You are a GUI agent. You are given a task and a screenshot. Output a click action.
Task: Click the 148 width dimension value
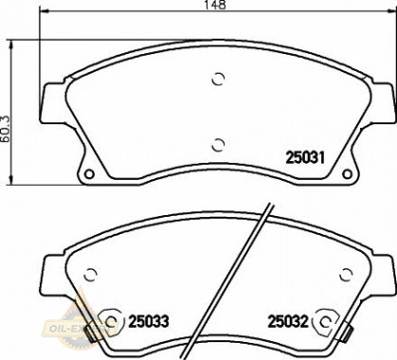(220, 7)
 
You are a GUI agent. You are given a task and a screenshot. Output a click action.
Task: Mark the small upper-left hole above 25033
(92, 274)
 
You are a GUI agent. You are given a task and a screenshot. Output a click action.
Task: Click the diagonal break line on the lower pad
(250, 275)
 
